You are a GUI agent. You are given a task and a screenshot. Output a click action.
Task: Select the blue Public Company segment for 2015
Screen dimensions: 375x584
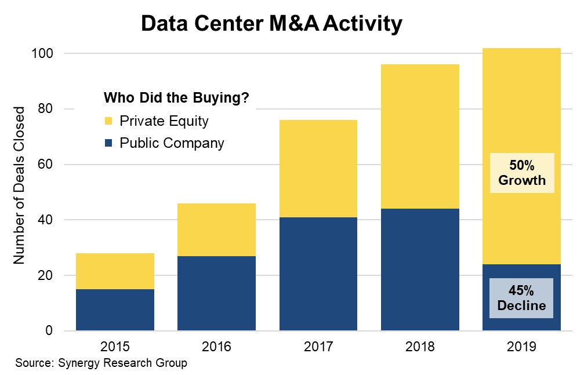pyautogui.click(x=115, y=310)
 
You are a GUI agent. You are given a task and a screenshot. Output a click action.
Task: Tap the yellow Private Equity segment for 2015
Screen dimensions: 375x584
pyautogui.click(x=115, y=271)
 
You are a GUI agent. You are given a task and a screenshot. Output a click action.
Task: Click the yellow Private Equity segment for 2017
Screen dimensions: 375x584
pyautogui.click(x=318, y=169)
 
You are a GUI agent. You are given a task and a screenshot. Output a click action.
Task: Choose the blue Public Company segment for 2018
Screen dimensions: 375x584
pyautogui.click(x=420, y=270)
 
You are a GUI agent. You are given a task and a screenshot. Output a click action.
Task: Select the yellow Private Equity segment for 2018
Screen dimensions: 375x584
pyautogui.click(x=420, y=136)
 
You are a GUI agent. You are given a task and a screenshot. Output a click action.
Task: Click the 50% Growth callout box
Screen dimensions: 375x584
pyautogui.click(x=522, y=173)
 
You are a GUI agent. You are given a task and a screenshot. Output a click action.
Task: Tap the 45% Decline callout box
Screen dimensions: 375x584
pyautogui.click(x=522, y=298)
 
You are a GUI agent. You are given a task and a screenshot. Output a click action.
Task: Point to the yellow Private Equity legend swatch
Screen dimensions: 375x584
pyautogui.click(x=108, y=121)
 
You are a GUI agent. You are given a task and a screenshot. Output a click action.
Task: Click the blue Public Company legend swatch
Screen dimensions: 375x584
pyautogui.click(x=108, y=143)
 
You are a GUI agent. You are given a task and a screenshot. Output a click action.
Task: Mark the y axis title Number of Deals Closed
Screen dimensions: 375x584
pyautogui.click(x=20, y=185)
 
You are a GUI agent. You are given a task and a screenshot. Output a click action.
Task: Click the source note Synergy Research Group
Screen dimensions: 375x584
pyautogui.click(x=101, y=363)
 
